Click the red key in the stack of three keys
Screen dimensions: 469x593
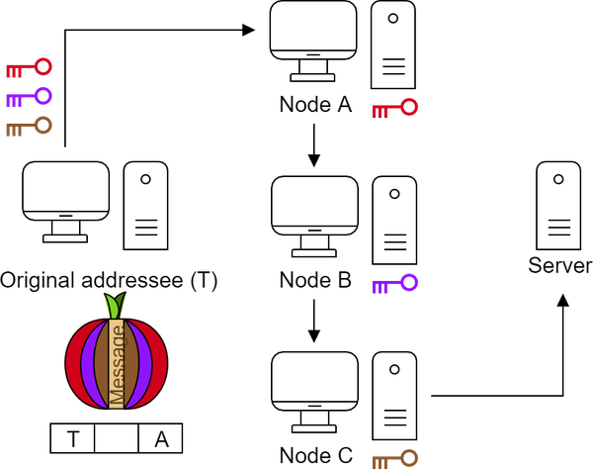(x=29, y=68)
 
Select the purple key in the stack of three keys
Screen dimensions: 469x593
(x=29, y=98)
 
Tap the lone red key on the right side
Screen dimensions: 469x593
(x=394, y=109)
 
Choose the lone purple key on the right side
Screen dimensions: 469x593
(x=394, y=285)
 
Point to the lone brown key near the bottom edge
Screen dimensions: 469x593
(x=394, y=459)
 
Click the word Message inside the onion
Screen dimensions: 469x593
(x=117, y=364)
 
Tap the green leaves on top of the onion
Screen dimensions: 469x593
(x=115, y=306)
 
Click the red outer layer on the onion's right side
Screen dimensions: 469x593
(x=161, y=364)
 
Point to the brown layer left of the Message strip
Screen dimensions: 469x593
(x=101, y=364)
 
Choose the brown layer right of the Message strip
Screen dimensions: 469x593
(x=132, y=364)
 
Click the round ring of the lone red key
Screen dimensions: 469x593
(x=409, y=106)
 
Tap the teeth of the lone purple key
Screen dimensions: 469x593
(x=380, y=288)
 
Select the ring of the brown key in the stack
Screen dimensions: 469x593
(x=43, y=125)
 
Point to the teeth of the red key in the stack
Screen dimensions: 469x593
(x=13, y=72)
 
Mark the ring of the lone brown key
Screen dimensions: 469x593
(x=409, y=456)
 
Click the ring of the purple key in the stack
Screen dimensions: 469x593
(x=43, y=95)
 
